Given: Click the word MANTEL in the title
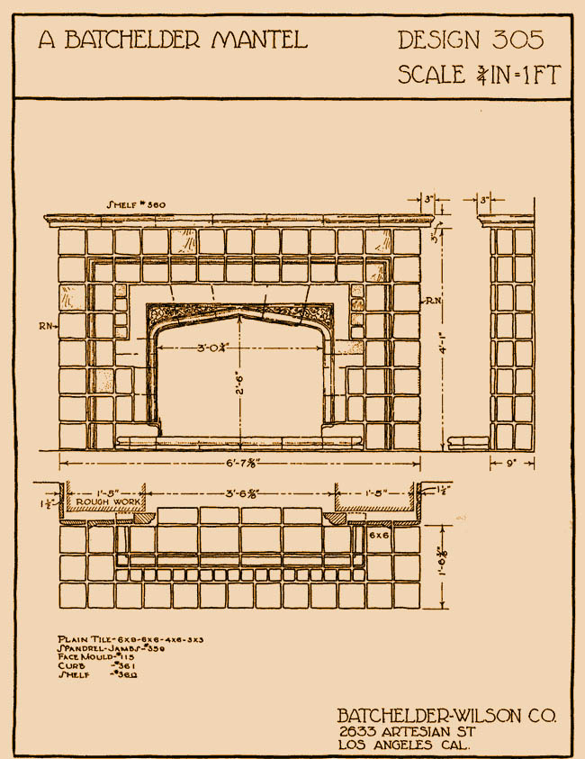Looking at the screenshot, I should coord(260,39).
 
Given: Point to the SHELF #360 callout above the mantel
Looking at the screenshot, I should coord(136,205).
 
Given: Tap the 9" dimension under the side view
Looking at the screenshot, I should coord(511,465).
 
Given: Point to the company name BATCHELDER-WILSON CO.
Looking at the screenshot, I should coord(446,716).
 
